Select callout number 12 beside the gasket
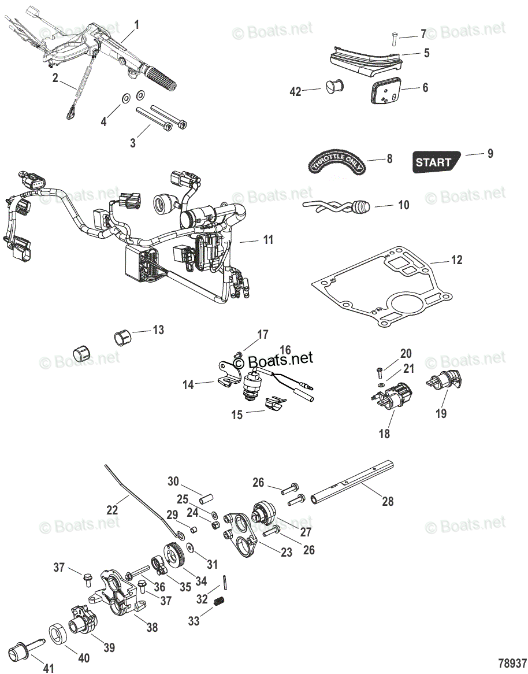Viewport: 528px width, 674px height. coord(456,260)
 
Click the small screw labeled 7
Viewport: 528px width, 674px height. coord(393,38)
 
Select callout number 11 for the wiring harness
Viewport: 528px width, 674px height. coord(267,239)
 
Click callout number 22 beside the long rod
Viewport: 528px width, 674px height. coord(112,510)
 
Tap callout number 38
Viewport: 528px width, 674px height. coord(151,627)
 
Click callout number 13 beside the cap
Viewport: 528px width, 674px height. coord(158,330)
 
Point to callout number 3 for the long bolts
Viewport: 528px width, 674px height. coord(132,142)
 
